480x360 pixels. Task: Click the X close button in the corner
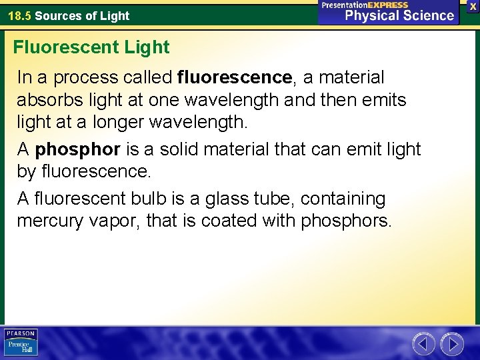click(473, 5)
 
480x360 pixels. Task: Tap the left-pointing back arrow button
click(423, 344)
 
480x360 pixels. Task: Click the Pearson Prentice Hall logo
click(21, 342)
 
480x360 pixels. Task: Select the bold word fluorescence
click(235, 78)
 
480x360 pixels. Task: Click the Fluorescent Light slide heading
click(91, 47)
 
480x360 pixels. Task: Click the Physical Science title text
click(399, 15)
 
